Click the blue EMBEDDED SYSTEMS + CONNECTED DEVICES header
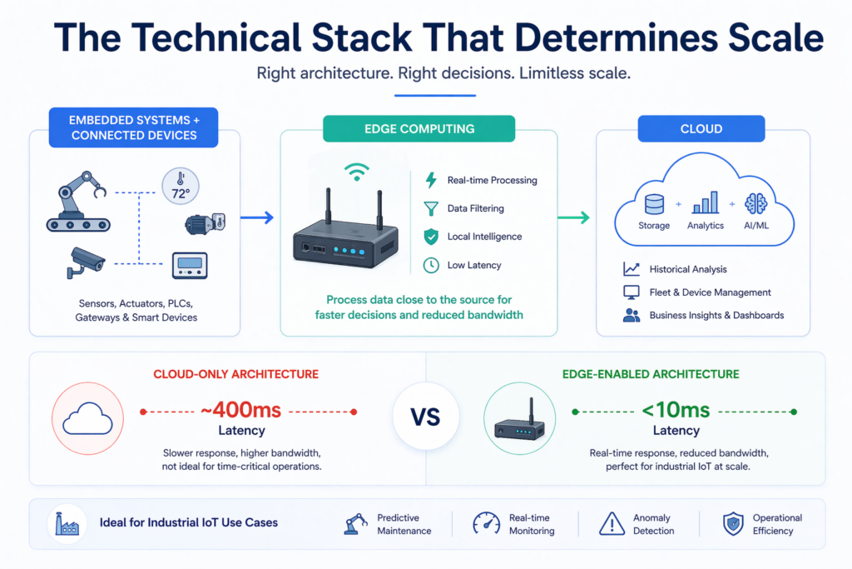click(x=133, y=127)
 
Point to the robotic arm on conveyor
click(x=78, y=202)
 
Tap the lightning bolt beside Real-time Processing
click(x=431, y=180)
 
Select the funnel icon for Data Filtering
click(x=431, y=208)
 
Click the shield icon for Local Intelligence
click(x=431, y=237)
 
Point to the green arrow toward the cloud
click(x=573, y=217)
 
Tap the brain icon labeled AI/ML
click(x=756, y=205)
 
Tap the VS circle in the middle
click(x=425, y=417)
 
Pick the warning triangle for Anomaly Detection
click(x=612, y=523)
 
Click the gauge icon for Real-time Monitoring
click(x=486, y=523)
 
